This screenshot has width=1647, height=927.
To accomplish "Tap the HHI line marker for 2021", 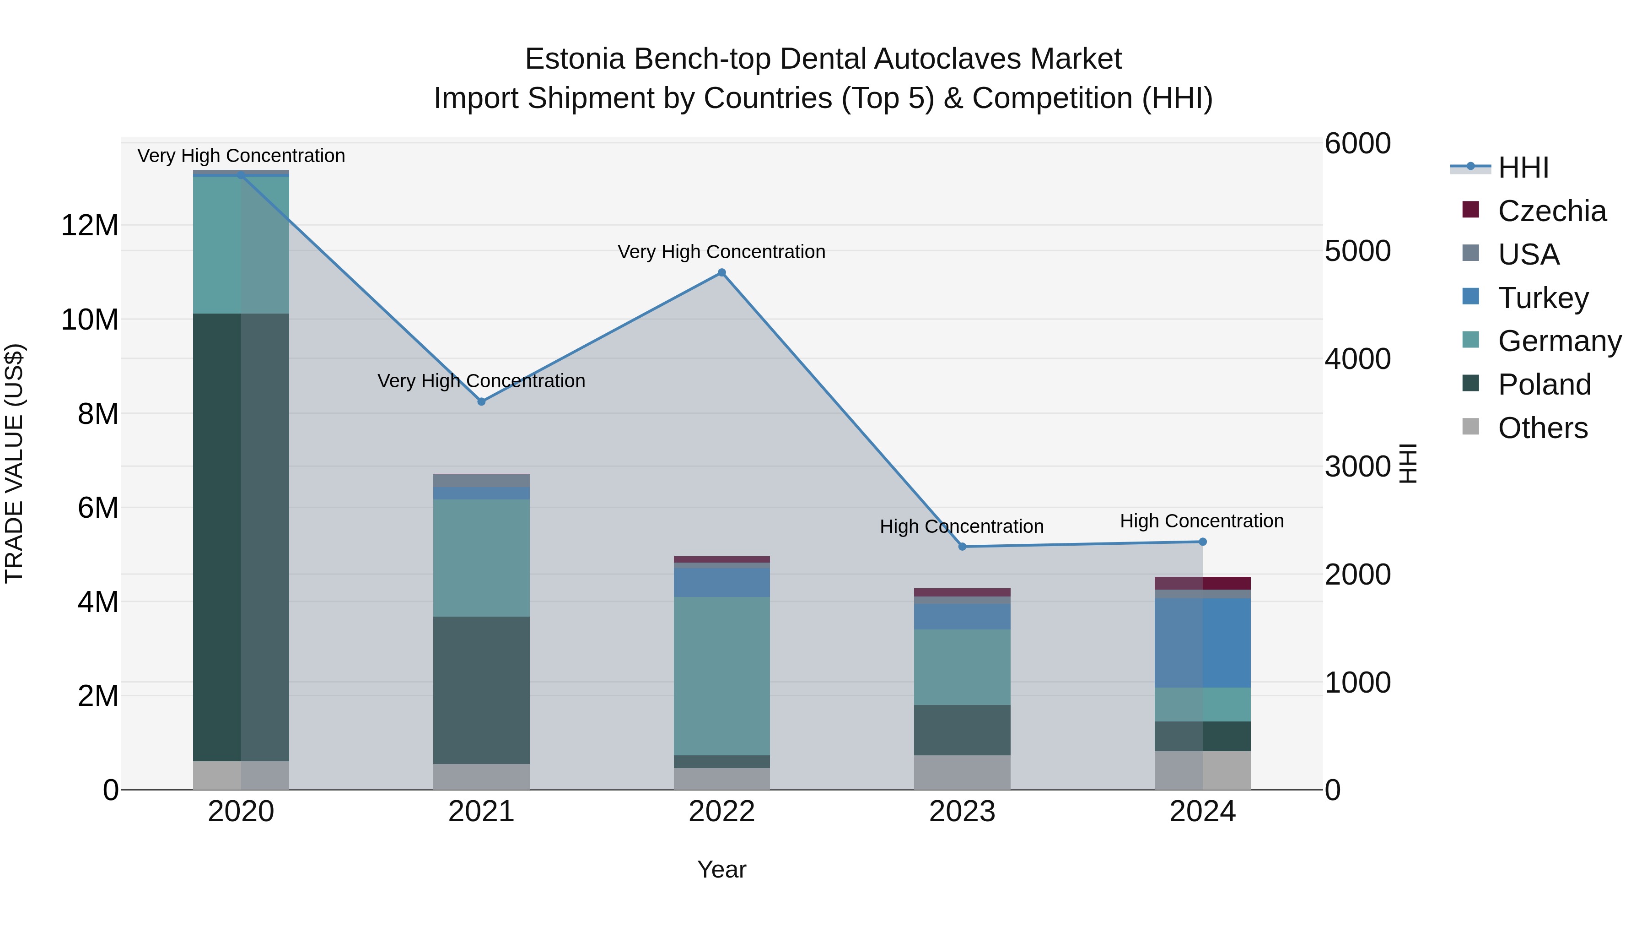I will click(481, 402).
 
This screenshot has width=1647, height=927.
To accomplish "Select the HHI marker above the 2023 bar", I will click(962, 546).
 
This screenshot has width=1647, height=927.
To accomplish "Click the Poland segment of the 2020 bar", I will click(241, 537).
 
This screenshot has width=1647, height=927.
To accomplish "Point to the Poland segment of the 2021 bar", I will click(481, 690).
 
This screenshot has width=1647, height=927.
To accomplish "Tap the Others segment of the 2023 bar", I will click(962, 772).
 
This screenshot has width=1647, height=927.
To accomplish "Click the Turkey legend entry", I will click(1543, 298).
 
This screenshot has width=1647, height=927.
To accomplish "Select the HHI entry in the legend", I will click(1523, 168).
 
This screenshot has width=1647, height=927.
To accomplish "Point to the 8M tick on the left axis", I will click(98, 414).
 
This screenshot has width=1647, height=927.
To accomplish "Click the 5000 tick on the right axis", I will click(1357, 251).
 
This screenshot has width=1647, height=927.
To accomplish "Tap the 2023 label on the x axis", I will click(962, 812).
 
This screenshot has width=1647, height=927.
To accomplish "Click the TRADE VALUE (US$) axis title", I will click(14, 463).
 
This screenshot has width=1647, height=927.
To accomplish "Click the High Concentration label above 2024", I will click(1201, 521).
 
